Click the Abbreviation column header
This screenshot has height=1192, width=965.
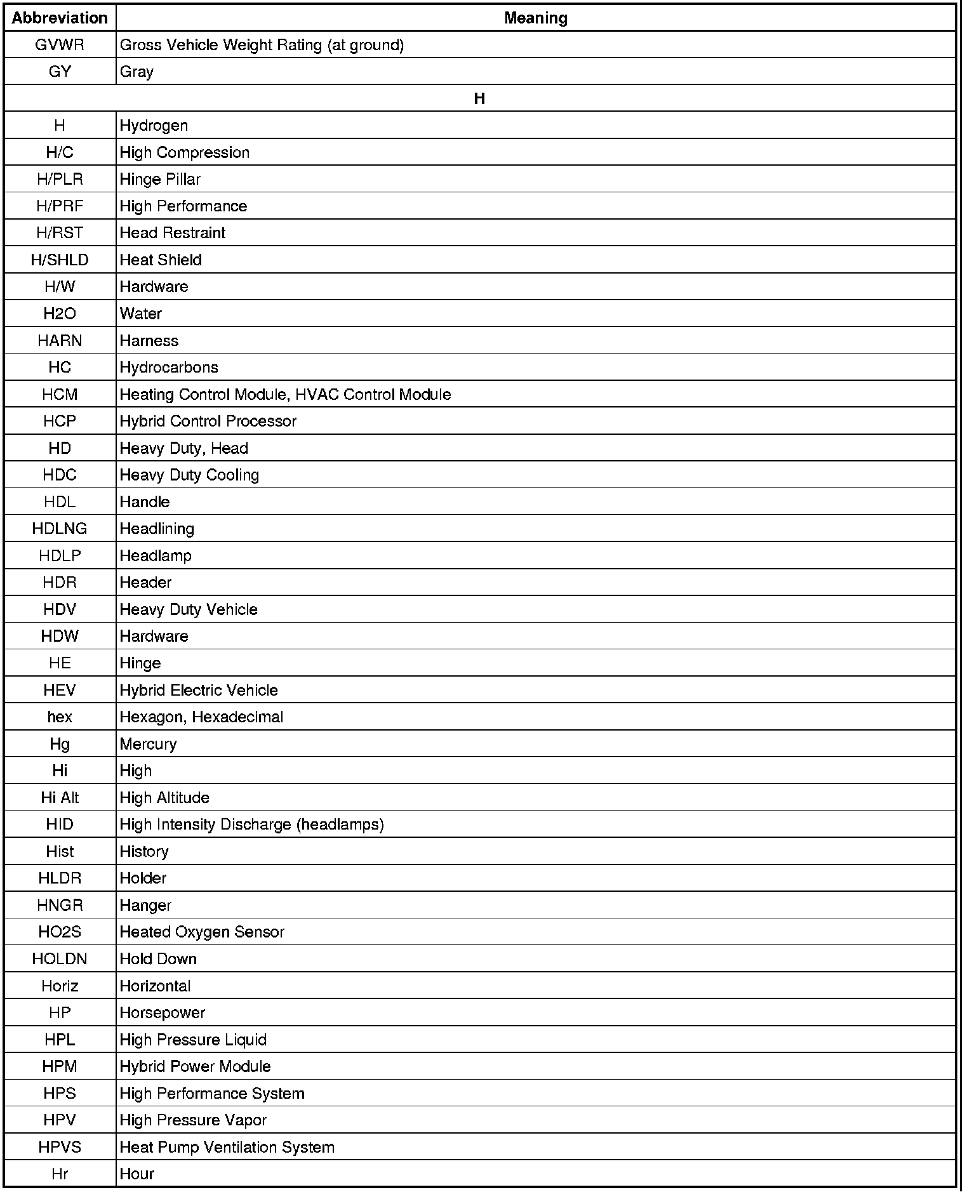pos(60,18)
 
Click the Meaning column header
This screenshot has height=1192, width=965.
pos(535,18)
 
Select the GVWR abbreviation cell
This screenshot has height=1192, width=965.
pos(60,45)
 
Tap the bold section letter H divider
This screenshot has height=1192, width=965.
pos(479,98)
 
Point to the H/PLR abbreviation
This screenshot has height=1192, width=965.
pos(60,180)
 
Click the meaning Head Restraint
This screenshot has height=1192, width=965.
pos(172,233)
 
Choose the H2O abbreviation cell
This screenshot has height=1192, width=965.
pos(60,314)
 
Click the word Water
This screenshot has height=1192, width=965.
pos(140,314)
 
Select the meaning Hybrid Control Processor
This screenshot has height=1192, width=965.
pos(208,421)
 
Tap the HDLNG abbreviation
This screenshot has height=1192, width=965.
pos(60,529)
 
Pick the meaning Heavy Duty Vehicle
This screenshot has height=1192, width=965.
pos(189,609)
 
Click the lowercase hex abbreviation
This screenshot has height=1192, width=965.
pos(60,717)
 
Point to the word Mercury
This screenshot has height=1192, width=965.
pos(148,744)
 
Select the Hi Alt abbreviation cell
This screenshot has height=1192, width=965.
pos(60,798)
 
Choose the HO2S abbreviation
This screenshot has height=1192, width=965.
pos(60,932)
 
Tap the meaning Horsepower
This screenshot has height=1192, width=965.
pos(162,1013)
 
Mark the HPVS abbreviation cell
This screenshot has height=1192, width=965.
pos(60,1147)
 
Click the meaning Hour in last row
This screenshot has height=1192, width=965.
pos(136,1174)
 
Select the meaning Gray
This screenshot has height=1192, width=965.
pos(136,72)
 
